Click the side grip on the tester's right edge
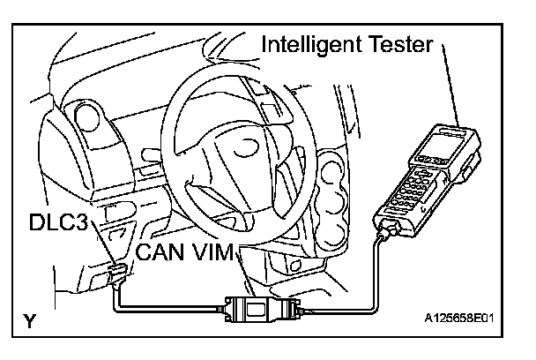(474, 169)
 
